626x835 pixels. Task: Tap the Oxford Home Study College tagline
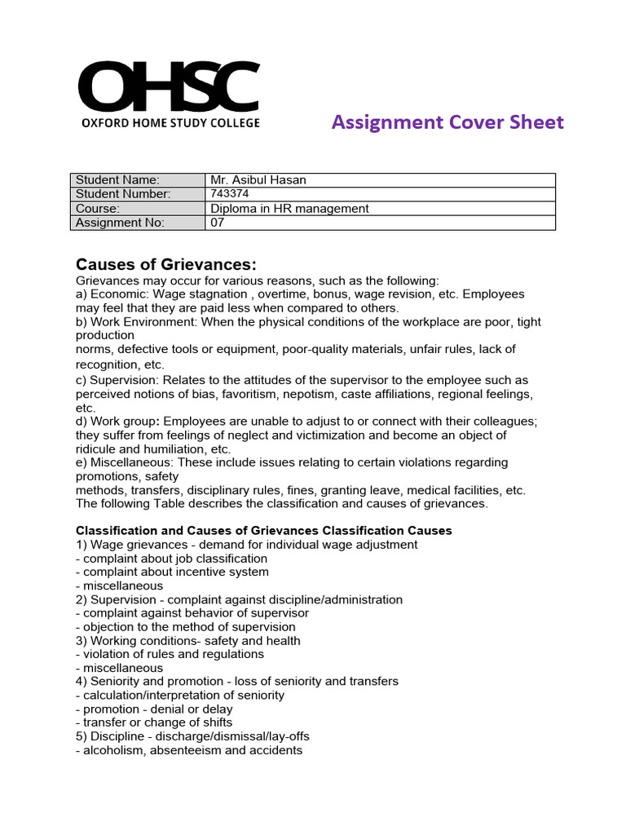[x=170, y=123]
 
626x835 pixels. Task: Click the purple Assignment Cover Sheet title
[x=447, y=122]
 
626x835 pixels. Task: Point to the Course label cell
[x=98, y=209]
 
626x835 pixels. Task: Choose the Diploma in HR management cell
[x=289, y=209]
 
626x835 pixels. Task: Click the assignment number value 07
[x=218, y=223]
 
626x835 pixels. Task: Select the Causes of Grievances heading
[x=166, y=264]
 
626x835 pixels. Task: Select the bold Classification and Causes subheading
[x=264, y=531]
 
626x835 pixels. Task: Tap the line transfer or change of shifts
[x=154, y=722]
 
